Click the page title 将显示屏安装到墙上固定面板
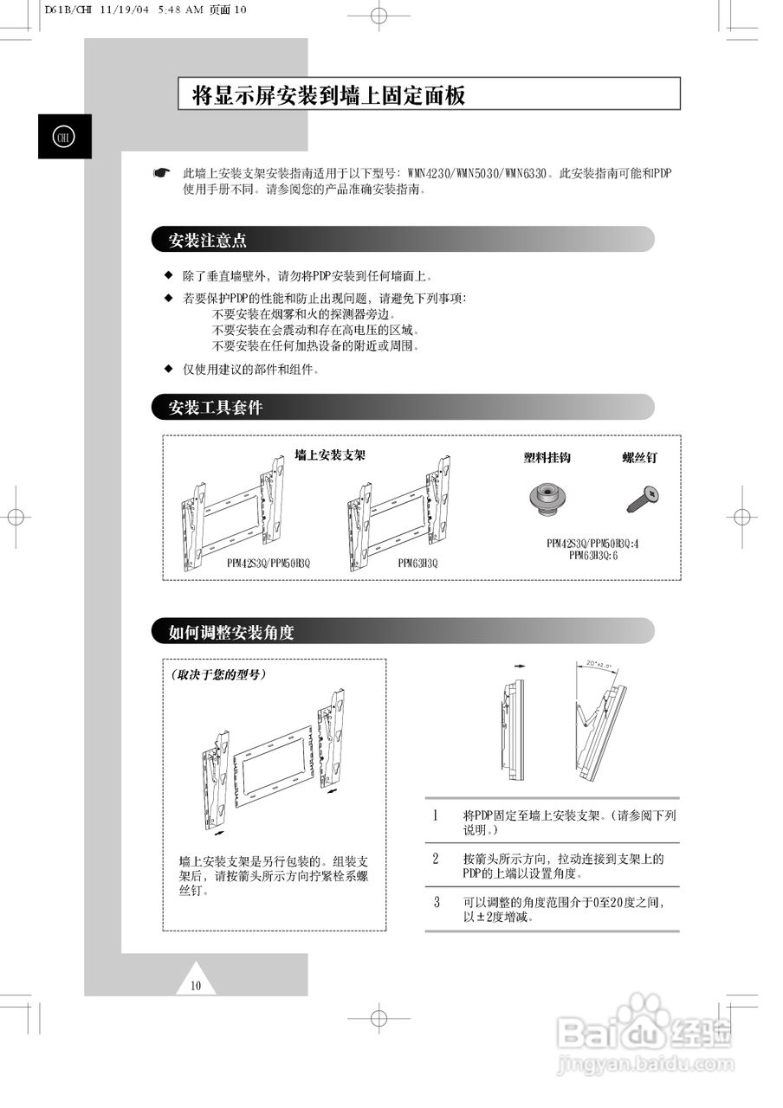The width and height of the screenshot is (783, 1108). pyautogui.click(x=328, y=94)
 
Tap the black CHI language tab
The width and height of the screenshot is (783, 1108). pyautogui.click(x=64, y=137)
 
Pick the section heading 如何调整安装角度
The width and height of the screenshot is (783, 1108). pyautogui.click(x=231, y=632)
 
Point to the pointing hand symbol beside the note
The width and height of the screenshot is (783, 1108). pyautogui.click(x=161, y=173)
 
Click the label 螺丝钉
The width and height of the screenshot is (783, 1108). pyautogui.click(x=639, y=457)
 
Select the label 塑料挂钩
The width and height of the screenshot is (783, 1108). pyautogui.click(x=547, y=457)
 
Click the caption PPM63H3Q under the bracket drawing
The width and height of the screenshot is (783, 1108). pyautogui.click(x=418, y=563)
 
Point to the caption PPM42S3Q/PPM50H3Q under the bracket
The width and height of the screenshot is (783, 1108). pyautogui.click(x=269, y=563)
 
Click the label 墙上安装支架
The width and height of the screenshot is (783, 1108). pyautogui.click(x=330, y=454)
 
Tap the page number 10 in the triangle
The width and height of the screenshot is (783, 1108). pyautogui.click(x=196, y=985)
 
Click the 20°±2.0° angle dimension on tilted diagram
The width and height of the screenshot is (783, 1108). pyautogui.click(x=599, y=665)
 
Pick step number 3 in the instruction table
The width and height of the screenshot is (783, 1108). pyautogui.click(x=437, y=902)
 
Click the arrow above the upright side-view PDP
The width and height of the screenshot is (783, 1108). pyautogui.click(x=520, y=667)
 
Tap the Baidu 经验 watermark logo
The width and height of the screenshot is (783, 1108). pyautogui.click(x=645, y=1034)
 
